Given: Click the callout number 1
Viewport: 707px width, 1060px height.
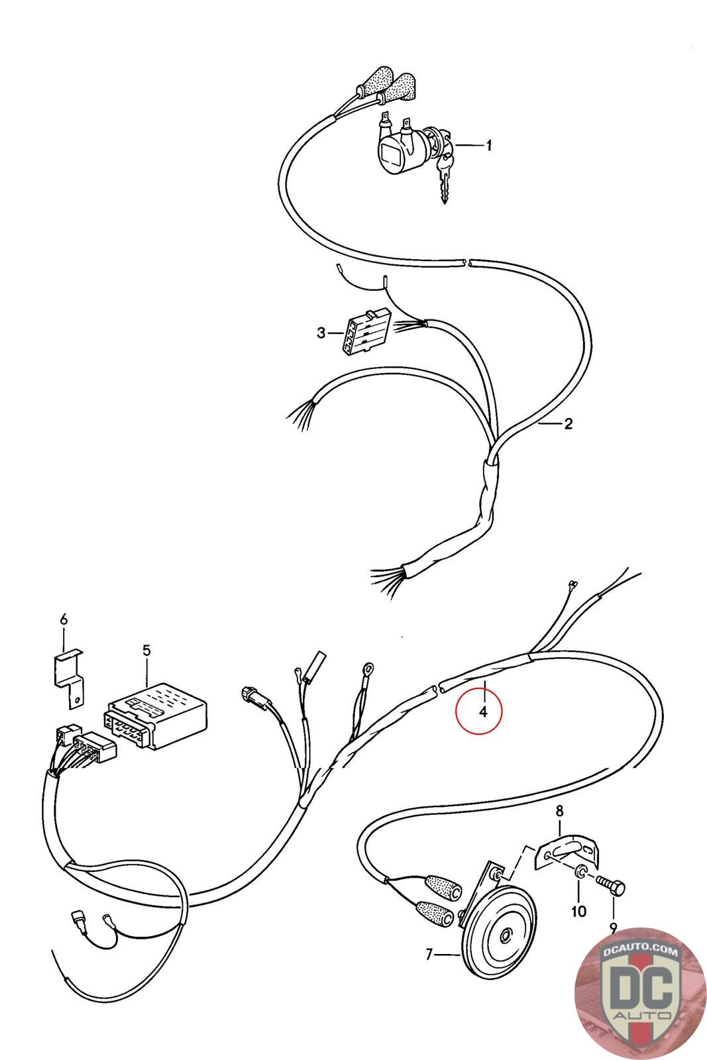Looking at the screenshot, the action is pyautogui.click(x=489, y=145).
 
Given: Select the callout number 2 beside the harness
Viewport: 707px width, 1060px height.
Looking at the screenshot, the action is pyautogui.click(x=568, y=424).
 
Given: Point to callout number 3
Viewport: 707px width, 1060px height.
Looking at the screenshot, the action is pyautogui.click(x=321, y=333).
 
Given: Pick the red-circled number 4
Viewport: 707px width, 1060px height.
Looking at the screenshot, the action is pyautogui.click(x=483, y=712).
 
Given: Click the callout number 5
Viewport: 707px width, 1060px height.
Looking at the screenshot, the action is pyautogui.click(x=146, y=650).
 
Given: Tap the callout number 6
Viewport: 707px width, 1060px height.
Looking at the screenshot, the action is pyautogui.click(x=64, y=619).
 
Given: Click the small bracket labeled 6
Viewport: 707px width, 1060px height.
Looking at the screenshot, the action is pyautogui.click(x=68, y=672).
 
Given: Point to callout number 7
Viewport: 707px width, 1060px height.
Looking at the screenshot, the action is pyautogui.click(x=429, y=955).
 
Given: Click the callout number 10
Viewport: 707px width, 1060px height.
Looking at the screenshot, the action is pyautogui.click(x=578, y=912).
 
